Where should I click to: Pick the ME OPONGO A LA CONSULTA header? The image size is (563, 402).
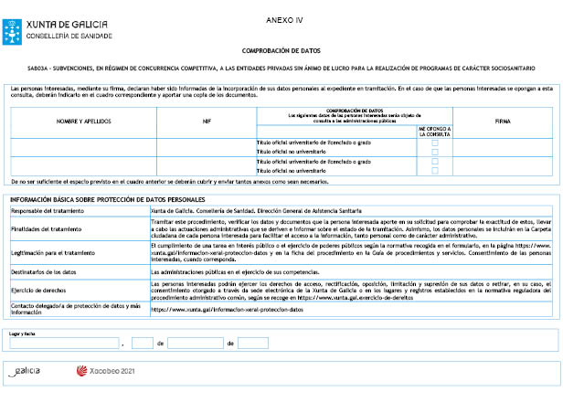tap(434, 131)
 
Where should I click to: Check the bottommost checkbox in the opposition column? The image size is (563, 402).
tap(435, 170)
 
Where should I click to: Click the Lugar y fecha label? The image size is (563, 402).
tap(22, 334)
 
